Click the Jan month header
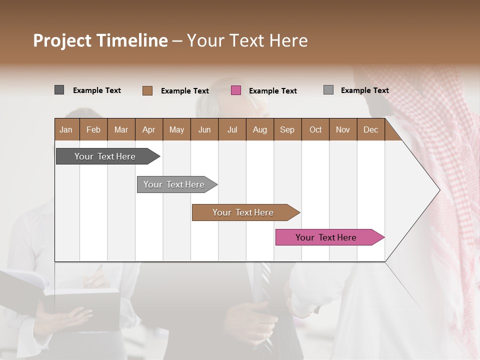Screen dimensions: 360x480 [66, 129]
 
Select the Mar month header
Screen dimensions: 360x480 [121, 129]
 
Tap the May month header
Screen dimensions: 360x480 [176, 129]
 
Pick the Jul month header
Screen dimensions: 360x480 [232, 129]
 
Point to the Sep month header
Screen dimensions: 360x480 [287, 129]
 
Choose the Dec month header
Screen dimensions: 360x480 [370, 129]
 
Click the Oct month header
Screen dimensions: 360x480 [315, 129]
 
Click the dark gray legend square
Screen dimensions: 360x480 [59, 90]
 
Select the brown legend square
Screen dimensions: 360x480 [147, 90]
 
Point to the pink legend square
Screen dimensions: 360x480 [236, 90]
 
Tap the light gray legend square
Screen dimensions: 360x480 [328, 90]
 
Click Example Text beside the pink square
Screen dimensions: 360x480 [272, 91]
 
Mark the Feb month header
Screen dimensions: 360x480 [93, 129]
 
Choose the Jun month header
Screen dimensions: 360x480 [204, 129]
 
